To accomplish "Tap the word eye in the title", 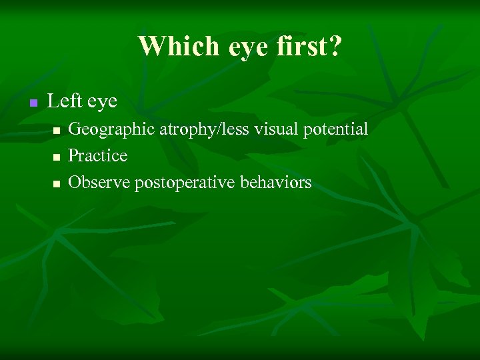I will coord(228,46).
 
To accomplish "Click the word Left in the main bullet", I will coord(64,101).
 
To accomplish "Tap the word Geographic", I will coord(112,129).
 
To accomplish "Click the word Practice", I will coord(98,155).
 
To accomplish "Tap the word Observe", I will coord(99,182).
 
